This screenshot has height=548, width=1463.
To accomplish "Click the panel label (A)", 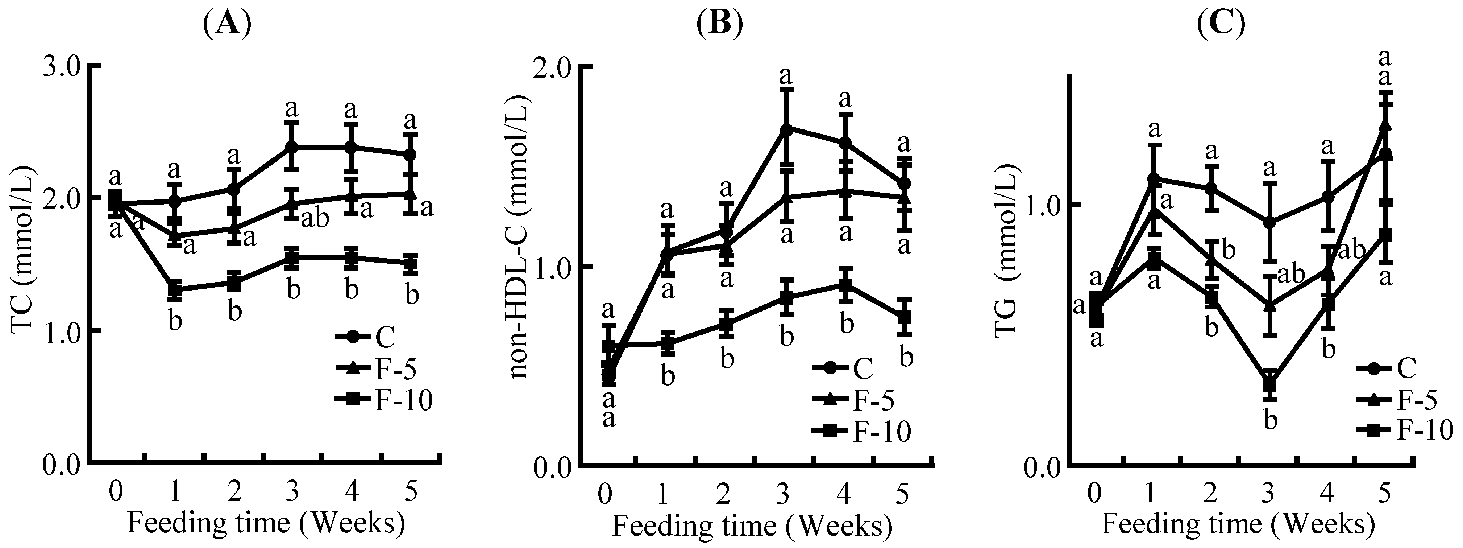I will [x=226, y=24].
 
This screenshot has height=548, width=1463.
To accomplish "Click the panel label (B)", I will [x=720, y=24].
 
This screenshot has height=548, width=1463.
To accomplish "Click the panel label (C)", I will [x=1221, y=24].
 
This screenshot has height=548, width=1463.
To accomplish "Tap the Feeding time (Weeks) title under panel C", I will [x=1238, y=524].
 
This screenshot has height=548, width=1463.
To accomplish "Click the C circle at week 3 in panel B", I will [x=786, y=128].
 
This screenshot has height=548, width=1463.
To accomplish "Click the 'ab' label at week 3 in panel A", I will [x=314, y=218].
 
